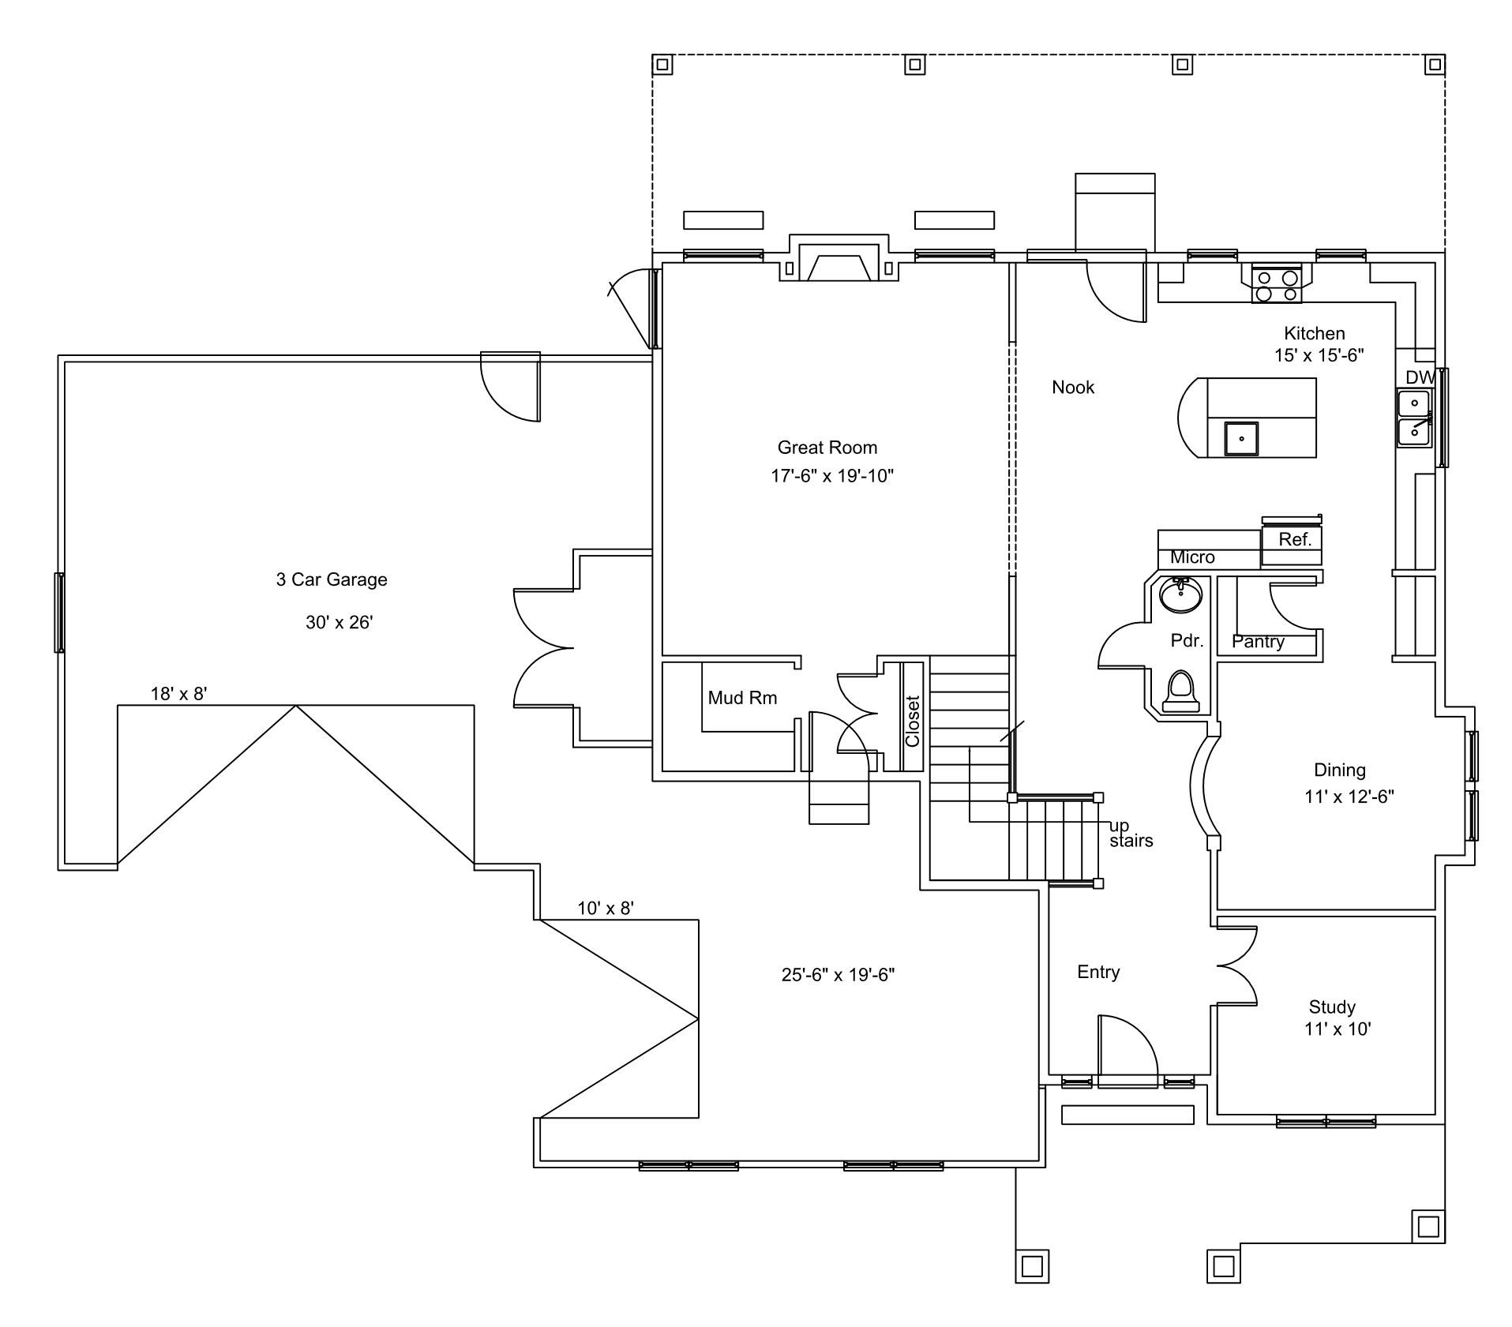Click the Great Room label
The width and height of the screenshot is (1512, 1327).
(827, 448)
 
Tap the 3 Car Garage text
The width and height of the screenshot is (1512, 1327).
(332, 579)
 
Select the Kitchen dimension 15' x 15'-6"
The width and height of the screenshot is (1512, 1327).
(1319, 355)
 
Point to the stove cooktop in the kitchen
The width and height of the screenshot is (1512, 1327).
(1277, 286)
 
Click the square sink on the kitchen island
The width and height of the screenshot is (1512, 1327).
(1241, 438)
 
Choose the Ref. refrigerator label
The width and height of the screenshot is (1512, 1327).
(1295, 539)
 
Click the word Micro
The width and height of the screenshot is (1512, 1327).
(1192, 557)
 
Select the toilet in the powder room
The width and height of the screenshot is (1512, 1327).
(1181, 692)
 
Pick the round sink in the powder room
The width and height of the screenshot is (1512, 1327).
(1181, 594)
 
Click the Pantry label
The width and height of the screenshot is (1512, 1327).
(1258, 642)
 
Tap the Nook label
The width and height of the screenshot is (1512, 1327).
(1073, 387)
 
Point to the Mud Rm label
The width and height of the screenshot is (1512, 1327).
(742, 698)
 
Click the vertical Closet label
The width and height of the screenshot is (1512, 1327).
(913, 721)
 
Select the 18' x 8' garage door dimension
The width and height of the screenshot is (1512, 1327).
(179, 694)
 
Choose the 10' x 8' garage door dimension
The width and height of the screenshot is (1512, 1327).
(606, 909)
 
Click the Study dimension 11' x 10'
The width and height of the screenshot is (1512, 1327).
(1338, 1029)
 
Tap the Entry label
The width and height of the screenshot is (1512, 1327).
(1098, 973)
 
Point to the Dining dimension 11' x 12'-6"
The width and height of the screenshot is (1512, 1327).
(1349, 797)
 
